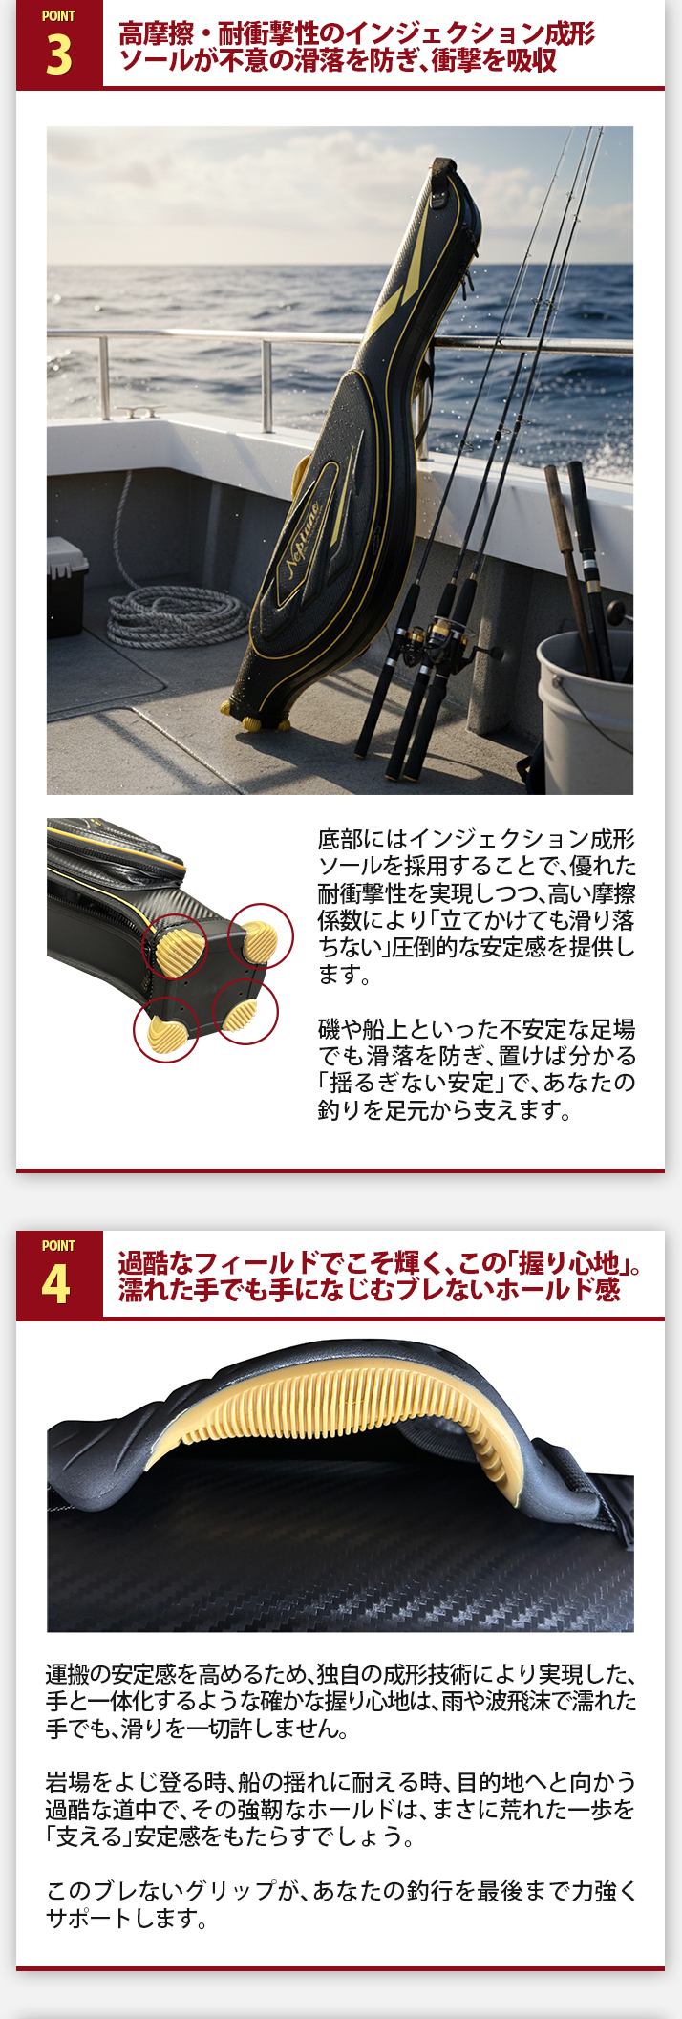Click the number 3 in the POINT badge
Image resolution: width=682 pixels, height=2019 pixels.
pos(58,55)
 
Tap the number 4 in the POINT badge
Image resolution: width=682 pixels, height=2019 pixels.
pos(56,1285)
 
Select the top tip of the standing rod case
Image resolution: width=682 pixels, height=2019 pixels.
pos(440,181)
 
